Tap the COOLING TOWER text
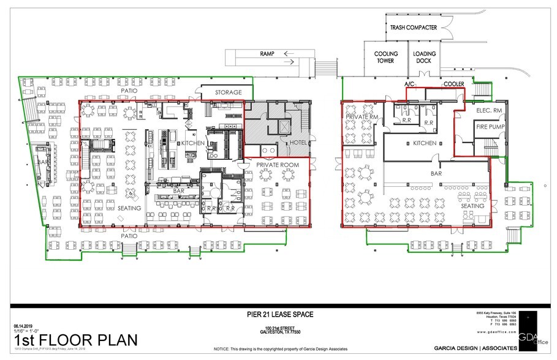tap(386, 58)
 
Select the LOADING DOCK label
tap(423, 58)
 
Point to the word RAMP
tap(267, 54)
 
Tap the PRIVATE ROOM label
tap(277, 165)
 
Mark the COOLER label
tap(453, 84)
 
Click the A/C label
tap(409, 83)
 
